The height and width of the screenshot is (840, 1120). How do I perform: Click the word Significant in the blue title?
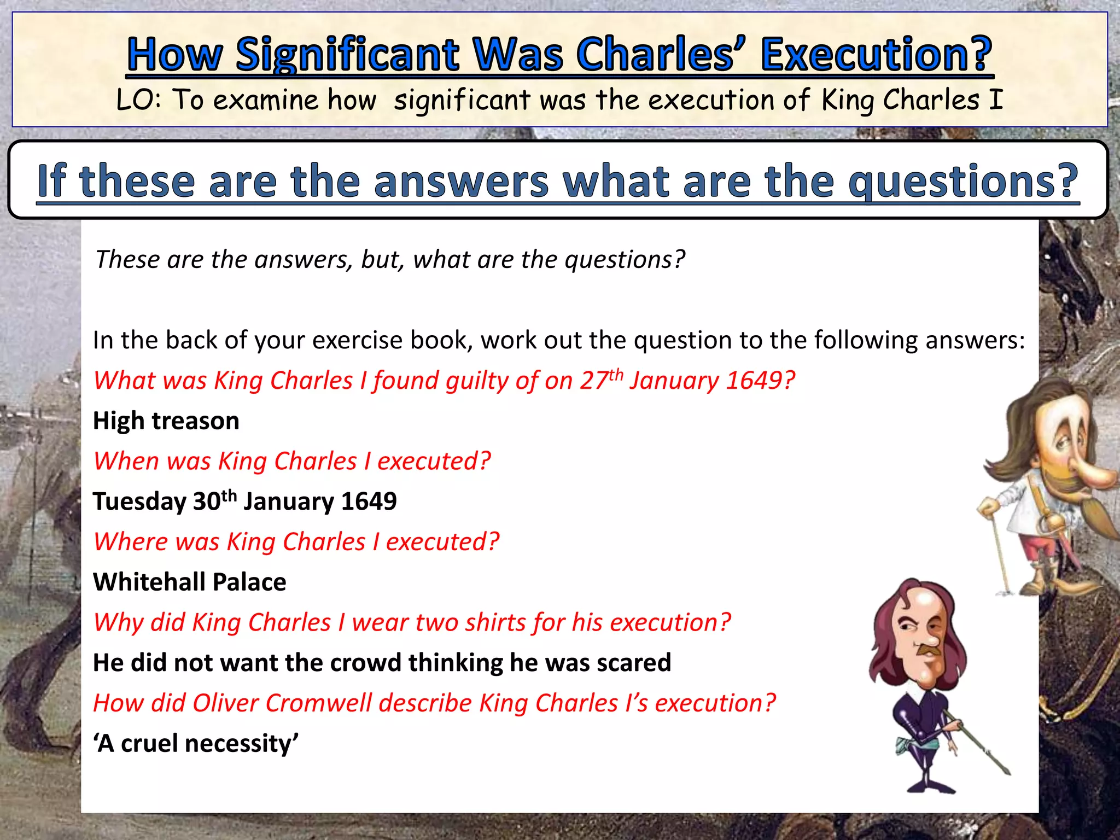click(347, 55)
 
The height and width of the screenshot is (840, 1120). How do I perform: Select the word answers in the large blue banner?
click(461, 181)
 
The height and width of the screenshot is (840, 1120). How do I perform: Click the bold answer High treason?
click(166, 421)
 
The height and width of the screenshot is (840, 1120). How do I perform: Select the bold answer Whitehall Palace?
click(189, 582)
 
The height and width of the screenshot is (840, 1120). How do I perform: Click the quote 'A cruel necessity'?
click(196, 744)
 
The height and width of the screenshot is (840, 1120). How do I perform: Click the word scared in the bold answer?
click(634, 663)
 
